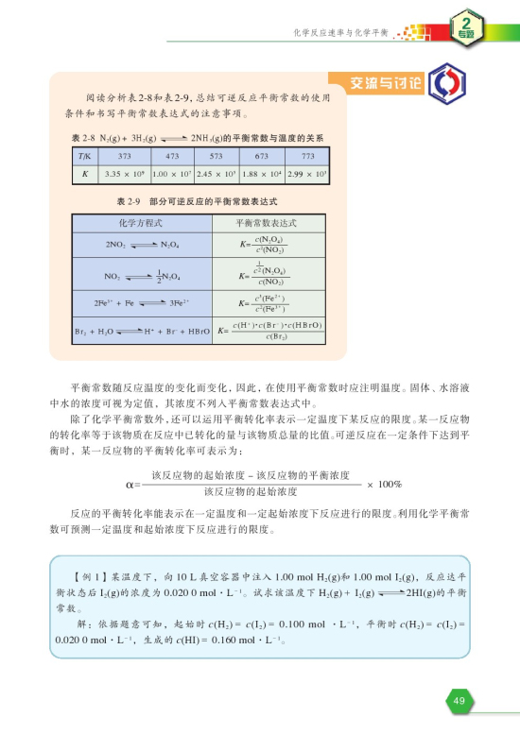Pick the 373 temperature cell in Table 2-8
pos(123,156)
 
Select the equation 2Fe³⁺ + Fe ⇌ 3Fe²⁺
pos(142,304)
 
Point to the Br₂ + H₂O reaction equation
pos(142,331)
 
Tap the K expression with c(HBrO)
pos(270,331)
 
